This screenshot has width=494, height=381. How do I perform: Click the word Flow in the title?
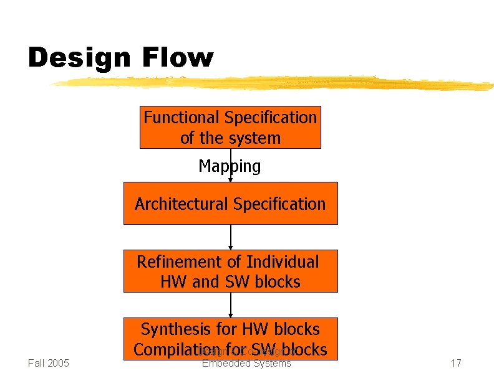(x=178, y=58)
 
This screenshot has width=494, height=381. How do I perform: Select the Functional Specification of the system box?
(x=230, y=127)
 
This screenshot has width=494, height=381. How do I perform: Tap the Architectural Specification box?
(x=230, y=204)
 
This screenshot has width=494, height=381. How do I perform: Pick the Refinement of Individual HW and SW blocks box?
(x=230, y=271)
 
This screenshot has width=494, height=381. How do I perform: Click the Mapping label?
(x=230, y=166)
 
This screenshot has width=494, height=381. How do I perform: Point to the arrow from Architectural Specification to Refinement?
(x=231, y=237)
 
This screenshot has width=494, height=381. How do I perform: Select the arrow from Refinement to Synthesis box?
(x=231, y=305)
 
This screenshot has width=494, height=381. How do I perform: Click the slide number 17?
(x=456, y=363)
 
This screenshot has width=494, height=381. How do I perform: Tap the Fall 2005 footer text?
(x=49, y=363)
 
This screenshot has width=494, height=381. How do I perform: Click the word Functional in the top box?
(x=182, y=118)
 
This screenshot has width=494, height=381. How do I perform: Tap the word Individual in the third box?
(x=283, y=262)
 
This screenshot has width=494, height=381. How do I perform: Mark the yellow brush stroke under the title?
(x=268, y=83)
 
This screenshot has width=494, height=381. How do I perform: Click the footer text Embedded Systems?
(x=246, y=363)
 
